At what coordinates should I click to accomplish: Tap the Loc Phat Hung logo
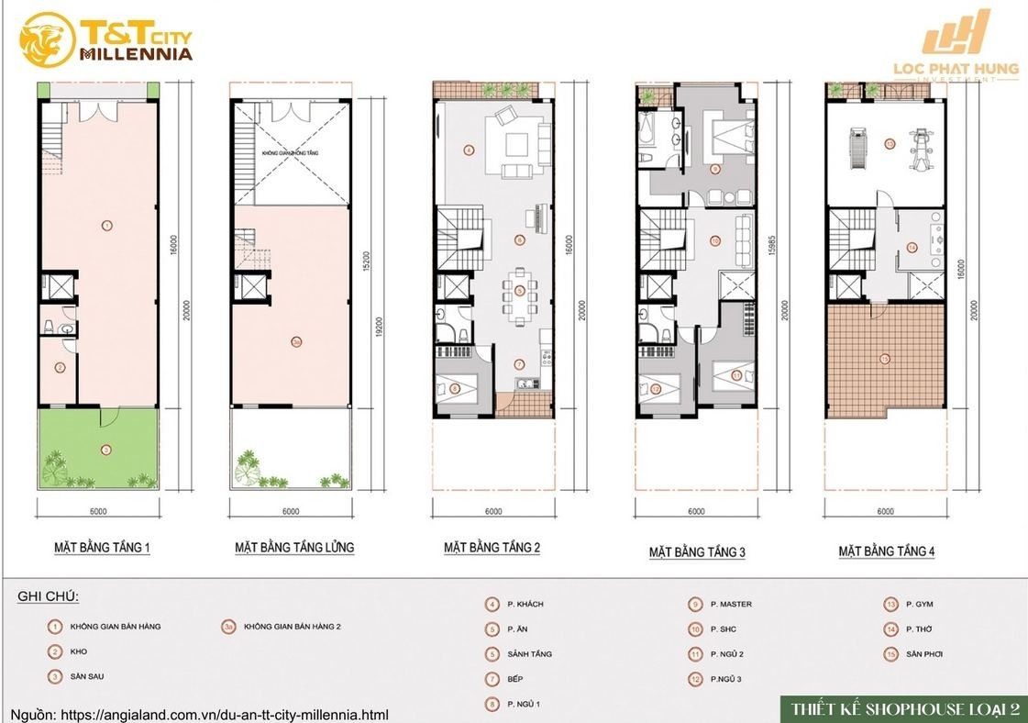click(957, 46)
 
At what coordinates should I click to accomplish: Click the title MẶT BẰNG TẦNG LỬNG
click(293, 548)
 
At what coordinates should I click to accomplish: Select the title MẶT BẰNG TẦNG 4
click(886, 551)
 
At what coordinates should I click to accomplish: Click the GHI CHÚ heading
click(48, 597)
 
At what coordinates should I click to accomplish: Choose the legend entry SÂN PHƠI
click(923, 654)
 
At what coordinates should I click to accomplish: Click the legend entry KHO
click(78, 651)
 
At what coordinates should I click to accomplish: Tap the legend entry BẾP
click(515, 680)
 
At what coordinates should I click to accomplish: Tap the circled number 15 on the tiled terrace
click(886, 357)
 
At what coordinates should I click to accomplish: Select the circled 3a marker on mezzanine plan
click(296, 340)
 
